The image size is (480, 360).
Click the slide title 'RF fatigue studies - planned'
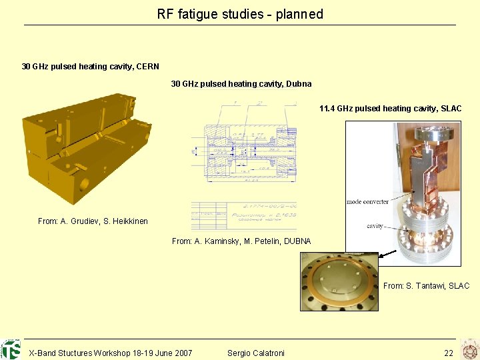coord(240,14)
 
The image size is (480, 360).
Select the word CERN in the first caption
coord(147,67)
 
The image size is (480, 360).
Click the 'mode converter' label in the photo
coord(367,202)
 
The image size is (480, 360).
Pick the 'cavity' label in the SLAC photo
coord(375,226)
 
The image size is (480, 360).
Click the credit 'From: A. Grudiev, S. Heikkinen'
coord(93,221)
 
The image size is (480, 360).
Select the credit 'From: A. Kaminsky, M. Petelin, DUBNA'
coord(241,241)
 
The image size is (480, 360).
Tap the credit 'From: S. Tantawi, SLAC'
coord(426,286)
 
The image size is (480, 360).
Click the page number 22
coord(449,353)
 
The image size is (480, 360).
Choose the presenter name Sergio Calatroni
coord(255,353)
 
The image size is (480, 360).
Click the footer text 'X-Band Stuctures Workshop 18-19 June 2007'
coord(110,353)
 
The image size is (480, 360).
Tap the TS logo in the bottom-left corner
coord(11,349)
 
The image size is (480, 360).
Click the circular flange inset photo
coord(339,281)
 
